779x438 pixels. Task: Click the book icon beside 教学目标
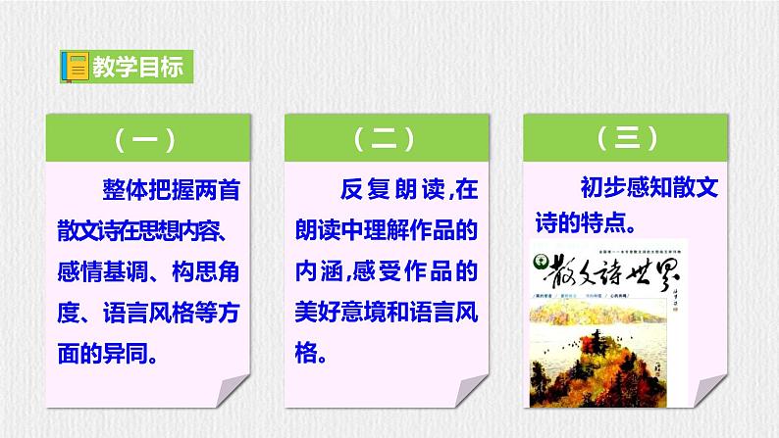tap(72, 69)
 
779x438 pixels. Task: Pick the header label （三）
tap(625, 139)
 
